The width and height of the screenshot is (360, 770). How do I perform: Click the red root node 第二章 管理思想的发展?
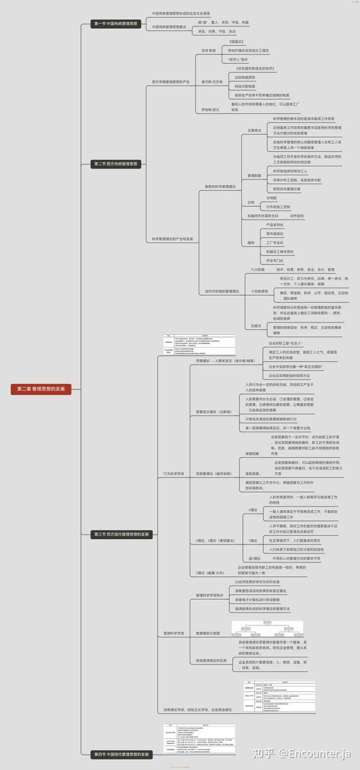(40, 389)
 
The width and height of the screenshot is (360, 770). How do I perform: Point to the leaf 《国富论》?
(238, 41)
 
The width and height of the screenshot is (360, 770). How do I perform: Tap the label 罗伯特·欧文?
(211, 110)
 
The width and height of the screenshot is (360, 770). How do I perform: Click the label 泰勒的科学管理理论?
(220, 187)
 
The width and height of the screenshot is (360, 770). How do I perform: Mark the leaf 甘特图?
(272, 197)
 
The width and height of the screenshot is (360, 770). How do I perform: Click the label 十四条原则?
(260, 290)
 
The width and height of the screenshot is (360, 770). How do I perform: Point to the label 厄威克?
(256, 326)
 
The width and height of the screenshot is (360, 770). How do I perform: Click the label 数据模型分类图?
(208, 633)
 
